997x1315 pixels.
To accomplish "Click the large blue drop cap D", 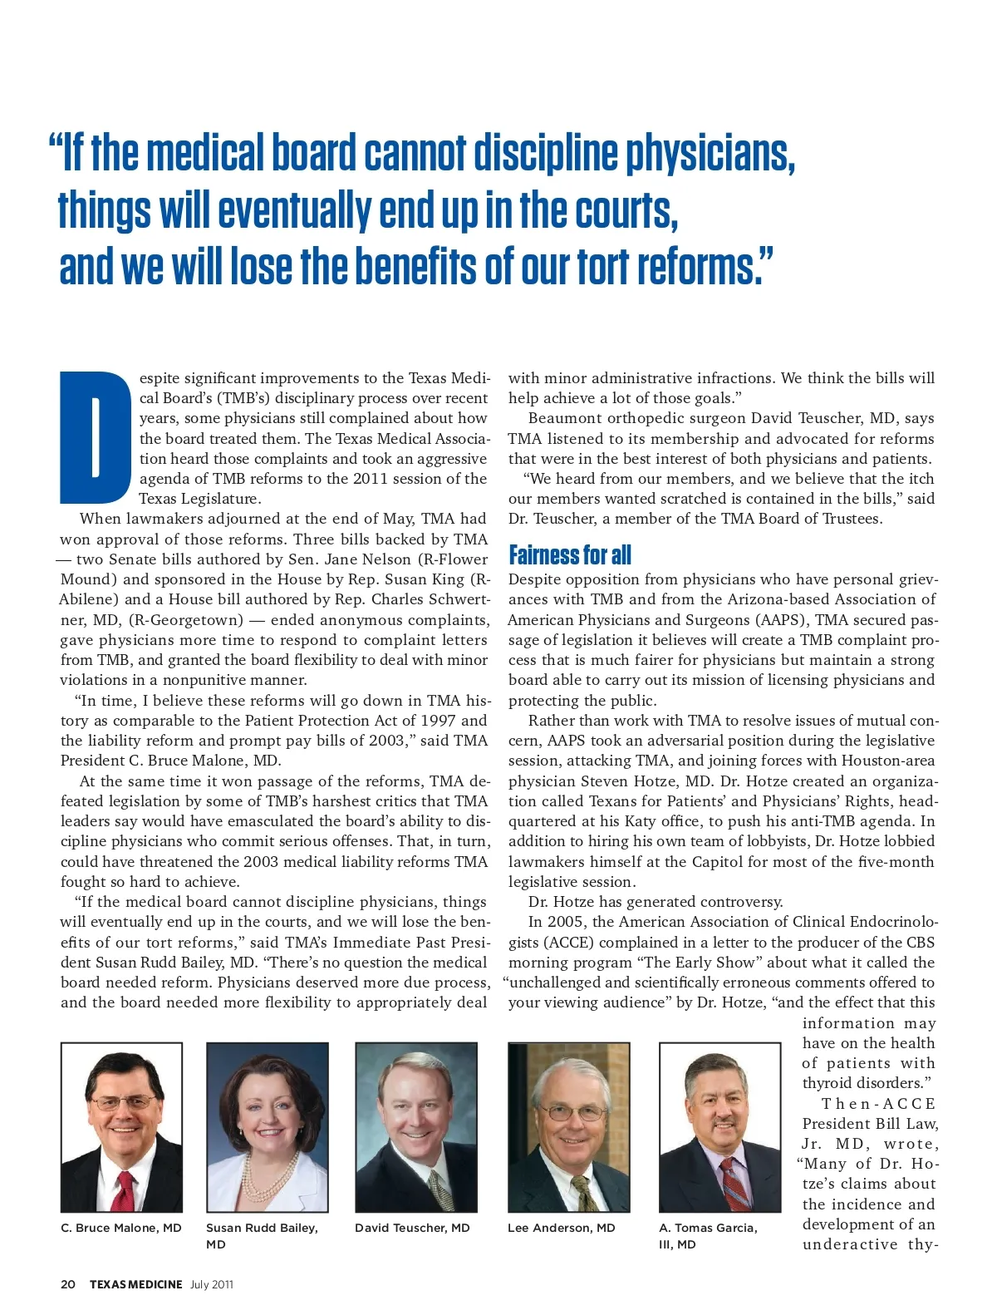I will pyautogui.click(x=96, y=437).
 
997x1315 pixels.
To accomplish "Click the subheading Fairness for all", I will pyautogui.click(x=570, y=554).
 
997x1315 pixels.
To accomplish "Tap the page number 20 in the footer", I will pyautogui.click(x=68, y=1284).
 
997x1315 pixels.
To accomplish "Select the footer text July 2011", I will pyautogui.click(x=212, y=1284).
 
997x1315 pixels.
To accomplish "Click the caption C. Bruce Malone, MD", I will pyautogui.click(x=121, y=1228).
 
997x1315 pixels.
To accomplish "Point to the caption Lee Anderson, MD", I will pyautogui.click(x=562, y=1228).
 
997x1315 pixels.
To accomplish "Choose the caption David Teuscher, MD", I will pyautogui.click(x=412, y=1228).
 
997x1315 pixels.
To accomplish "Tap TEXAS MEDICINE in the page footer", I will pyautogui.click(x=135, y=1284).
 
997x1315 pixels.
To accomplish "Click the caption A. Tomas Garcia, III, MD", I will pyautogui.click(x=708, y=1236).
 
